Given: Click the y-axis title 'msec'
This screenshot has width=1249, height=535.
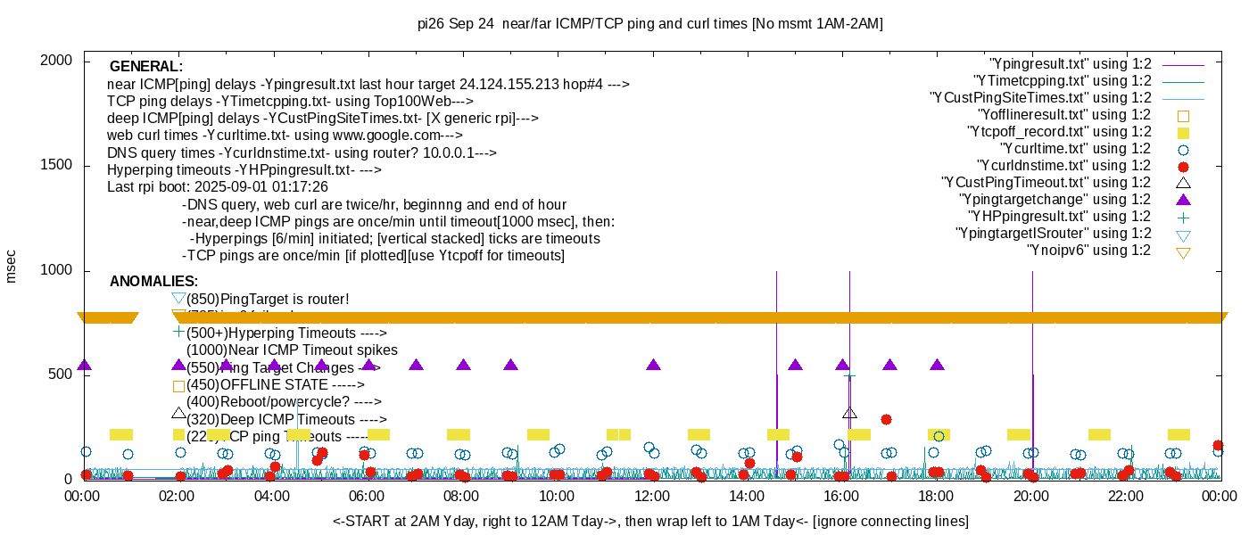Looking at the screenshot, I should [x=12, y=265].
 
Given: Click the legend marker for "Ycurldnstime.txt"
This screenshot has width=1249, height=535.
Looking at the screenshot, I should [x=1183, y=166].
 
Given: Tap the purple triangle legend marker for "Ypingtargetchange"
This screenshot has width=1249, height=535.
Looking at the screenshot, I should [x=1183, y=200].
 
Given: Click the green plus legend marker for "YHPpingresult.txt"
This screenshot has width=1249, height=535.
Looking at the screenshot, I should [x=1183, y=217].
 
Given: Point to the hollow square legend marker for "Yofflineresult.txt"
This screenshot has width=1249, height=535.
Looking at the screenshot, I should [x=1183, y=115].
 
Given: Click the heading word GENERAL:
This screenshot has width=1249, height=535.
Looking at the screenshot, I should [x=146, y=67].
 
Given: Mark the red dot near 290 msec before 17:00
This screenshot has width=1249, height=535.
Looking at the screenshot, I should [x=886, y=419].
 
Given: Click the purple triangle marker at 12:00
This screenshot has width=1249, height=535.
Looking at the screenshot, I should [x=653, y=365].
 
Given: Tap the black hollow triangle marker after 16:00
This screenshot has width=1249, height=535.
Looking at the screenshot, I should [x=849, y=413].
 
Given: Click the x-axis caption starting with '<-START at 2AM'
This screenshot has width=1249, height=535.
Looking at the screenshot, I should [x=651, y=521].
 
